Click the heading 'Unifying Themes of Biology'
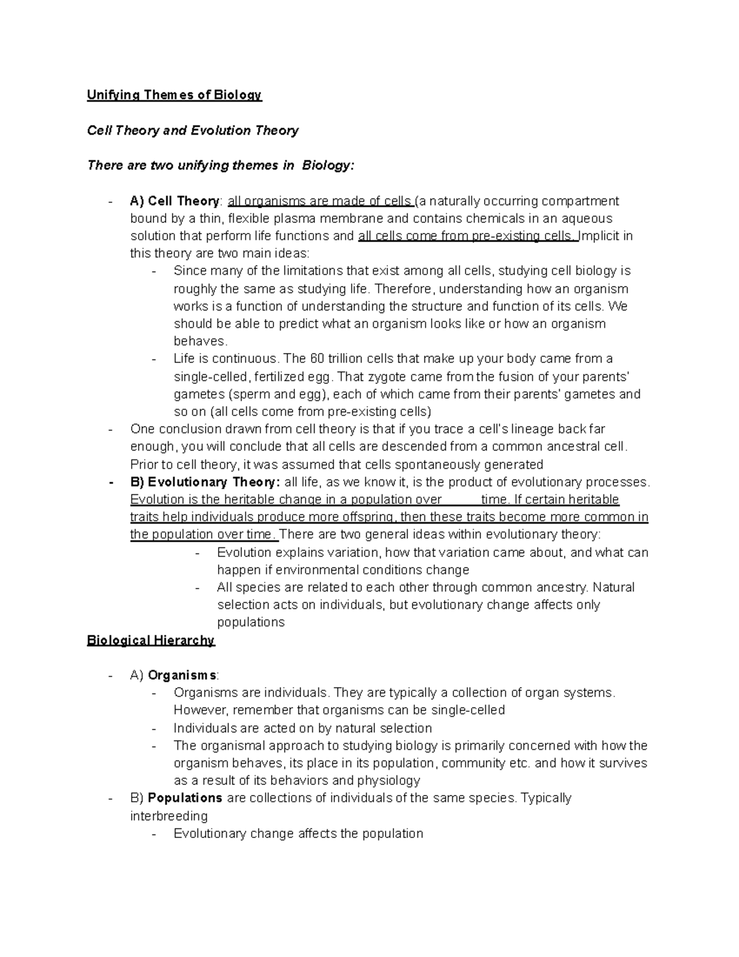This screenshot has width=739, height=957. pos(174,95)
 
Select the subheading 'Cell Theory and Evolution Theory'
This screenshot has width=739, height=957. pos(193,130)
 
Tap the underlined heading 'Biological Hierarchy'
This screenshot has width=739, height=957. pos(151,640)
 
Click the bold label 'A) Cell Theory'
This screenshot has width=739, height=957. pos(175,201)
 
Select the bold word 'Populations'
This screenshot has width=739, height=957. pos(185,798)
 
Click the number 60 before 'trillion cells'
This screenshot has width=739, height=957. pos(318,359)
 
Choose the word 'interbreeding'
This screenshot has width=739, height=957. pos(169,816)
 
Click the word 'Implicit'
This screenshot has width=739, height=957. pos(600,236)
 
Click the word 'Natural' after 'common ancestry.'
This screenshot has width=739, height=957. pos(613,587)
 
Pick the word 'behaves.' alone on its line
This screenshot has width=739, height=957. pos(201,341)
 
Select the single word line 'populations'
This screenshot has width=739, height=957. pos(251,622)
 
